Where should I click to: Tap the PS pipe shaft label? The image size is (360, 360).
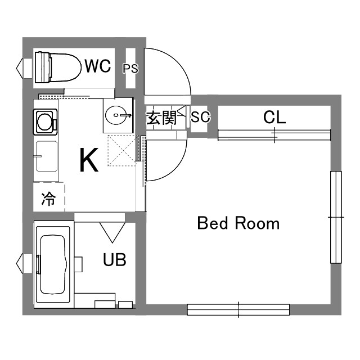coord(130,69)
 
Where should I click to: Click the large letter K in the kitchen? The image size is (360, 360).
coord(89,160)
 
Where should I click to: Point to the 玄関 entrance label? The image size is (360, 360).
coord(161,118)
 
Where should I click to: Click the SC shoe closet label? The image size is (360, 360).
coord(200,118)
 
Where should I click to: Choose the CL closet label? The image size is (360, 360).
coord(274,117)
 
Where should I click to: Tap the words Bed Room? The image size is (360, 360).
coord(238,223)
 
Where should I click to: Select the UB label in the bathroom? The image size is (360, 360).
coord(114,260)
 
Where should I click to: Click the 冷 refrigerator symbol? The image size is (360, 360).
coord(49,198)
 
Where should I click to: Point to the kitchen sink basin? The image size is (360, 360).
coord(46,156)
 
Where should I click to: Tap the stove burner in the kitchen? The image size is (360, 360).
coord(44,120)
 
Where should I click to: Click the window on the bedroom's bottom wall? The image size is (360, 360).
coord(238,309)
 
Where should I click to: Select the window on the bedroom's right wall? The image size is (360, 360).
coord(336,217)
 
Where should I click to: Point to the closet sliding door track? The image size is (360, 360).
coord(274,134)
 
